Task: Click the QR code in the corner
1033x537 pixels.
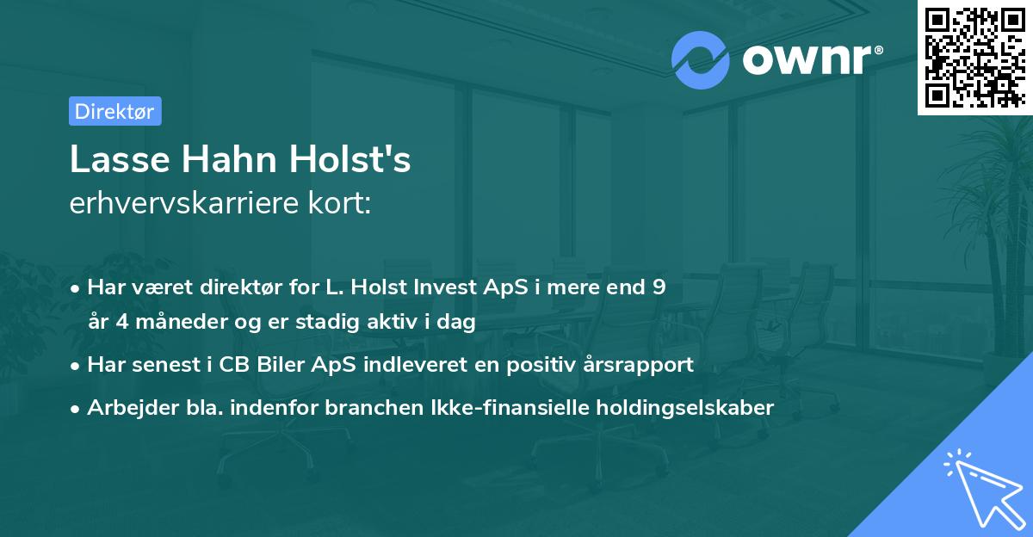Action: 974,58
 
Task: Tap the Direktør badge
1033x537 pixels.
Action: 114,111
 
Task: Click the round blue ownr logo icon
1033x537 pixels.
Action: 702,59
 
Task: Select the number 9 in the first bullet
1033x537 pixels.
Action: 659,287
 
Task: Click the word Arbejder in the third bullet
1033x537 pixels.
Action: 126,408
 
